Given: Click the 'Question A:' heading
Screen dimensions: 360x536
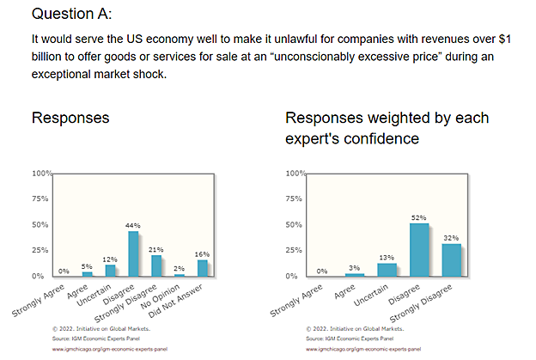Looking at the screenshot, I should tap(73, 15).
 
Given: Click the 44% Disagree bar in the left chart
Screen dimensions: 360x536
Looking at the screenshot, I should tap(133, 253).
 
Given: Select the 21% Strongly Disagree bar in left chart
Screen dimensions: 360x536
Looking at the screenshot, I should tap(156, 265).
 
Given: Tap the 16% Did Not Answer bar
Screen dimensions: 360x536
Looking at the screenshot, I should tap(202, 267).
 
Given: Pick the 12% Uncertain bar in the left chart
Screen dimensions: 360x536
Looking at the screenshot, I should tap(110, 270).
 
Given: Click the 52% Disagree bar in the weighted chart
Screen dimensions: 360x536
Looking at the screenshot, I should tap(419, 249).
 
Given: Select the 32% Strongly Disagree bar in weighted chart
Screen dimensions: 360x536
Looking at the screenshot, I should tap(450, 259).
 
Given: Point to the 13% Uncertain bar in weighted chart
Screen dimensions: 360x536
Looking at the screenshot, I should tap(387, 269).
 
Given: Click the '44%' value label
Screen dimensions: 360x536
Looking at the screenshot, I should tap(133, 225).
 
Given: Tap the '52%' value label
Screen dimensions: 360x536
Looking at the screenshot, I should tap(419, 217).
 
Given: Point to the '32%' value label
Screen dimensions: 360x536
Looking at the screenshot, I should tap(450, 237).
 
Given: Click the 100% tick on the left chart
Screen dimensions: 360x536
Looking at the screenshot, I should tap(41, 174).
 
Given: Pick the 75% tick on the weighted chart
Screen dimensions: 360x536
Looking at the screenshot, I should tap(295, 199).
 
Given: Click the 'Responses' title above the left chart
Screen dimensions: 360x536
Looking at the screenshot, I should tap(70, 118).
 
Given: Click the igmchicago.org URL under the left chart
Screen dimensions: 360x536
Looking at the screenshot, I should tap(101, 350).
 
